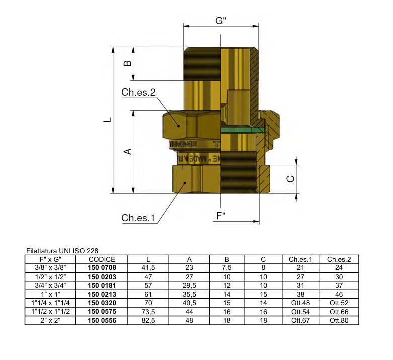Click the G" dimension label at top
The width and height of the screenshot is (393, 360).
[x=221, y=21]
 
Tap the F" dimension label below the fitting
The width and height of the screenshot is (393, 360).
[x=221, y=216]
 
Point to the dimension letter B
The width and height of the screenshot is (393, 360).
[x=128, y=63]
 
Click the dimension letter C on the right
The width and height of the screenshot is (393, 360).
[x=290, y=178]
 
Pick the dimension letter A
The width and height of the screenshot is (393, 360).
[x=128, y=151]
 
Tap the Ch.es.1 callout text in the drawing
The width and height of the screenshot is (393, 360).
[x=138, y=218]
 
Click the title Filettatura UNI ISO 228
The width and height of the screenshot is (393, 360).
[x=61, y=250]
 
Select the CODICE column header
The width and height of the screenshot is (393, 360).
[x=102, y=259]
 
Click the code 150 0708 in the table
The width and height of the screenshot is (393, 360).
[x=102, y=268]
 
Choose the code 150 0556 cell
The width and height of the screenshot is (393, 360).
[x=102, y=320]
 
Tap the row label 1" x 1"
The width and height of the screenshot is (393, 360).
[x=50, y=294]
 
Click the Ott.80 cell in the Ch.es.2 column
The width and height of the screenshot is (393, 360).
[x=339, y=320]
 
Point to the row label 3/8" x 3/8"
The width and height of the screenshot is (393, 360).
[x=50, y=268]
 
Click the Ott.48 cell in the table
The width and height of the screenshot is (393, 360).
[x=301, y=303]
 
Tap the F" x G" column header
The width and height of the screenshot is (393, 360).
[x=50, y=259]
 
